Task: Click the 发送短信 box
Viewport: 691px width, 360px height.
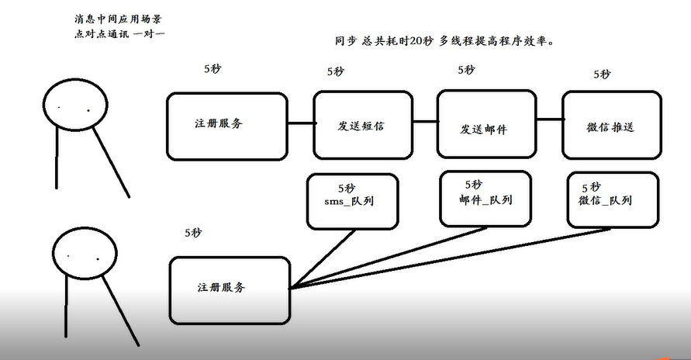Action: pos(361,124)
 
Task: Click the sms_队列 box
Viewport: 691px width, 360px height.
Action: pos(353,202)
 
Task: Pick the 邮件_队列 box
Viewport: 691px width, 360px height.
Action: pos(485,198)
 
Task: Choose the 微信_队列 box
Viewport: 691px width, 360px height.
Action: pos(613,199)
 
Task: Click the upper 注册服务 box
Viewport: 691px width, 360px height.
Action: pos(227,124)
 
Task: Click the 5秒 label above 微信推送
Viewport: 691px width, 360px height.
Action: pos(602,74)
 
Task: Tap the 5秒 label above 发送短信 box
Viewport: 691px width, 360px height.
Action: pos(336,71)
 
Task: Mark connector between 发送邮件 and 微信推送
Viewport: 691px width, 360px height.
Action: pos(548,120)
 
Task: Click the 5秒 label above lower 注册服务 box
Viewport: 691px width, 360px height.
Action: pos(194,232)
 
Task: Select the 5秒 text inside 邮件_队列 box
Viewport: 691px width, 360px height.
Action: pos(474,185)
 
